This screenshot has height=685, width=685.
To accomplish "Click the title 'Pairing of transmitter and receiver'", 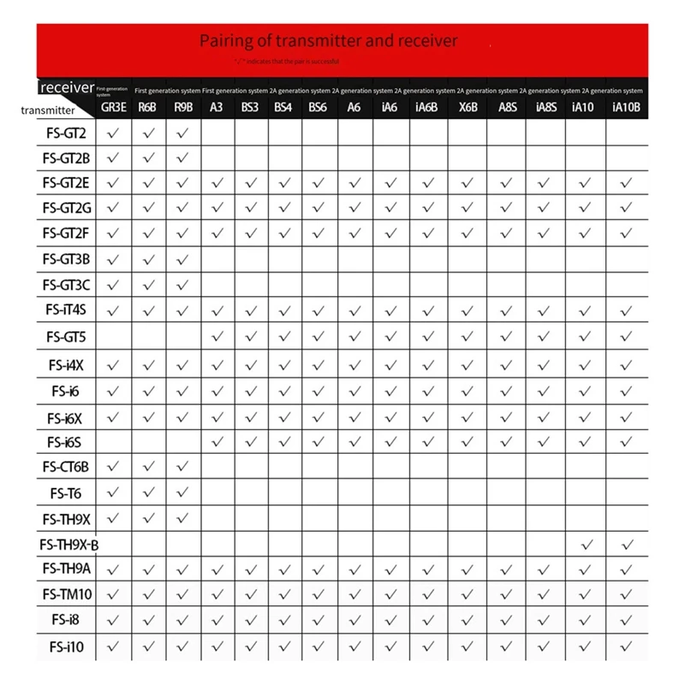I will (x=329, y=40).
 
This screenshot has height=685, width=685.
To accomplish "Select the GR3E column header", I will (x=114, y=108).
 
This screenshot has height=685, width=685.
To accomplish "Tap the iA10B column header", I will (x=627, y=108).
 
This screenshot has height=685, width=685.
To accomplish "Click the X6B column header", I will (x=468, y=108).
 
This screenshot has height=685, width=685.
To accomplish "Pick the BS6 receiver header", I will (x=318, y=108).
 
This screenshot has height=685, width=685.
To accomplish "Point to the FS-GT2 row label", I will (x=64, y=133).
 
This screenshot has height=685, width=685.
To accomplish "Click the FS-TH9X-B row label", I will (x=69, y=545).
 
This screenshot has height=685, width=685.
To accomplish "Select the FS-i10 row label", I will (x=67, y=647).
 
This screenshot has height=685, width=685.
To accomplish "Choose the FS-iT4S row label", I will (x=66, y=312).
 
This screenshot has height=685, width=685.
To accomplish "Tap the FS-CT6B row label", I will (x=66, y=467).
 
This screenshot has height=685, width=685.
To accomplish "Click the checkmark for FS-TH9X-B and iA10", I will (x=587, y=545).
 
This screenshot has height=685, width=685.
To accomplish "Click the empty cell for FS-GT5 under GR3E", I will (x=114, y=337).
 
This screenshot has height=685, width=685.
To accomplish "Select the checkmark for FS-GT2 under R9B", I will (x=182, y=133).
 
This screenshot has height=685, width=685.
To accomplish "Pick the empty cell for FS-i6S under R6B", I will (x=148, y=442).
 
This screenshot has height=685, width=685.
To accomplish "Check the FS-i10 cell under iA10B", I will (x=627, y=647).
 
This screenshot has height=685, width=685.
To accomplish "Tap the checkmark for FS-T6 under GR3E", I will (x=114, y=492).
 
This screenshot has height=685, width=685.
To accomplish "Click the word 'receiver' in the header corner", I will (x=67, y=87).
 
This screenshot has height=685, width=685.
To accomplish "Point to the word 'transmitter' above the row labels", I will (x=48, y=110).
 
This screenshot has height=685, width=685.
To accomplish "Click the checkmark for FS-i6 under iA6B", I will (x=426, y=390).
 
